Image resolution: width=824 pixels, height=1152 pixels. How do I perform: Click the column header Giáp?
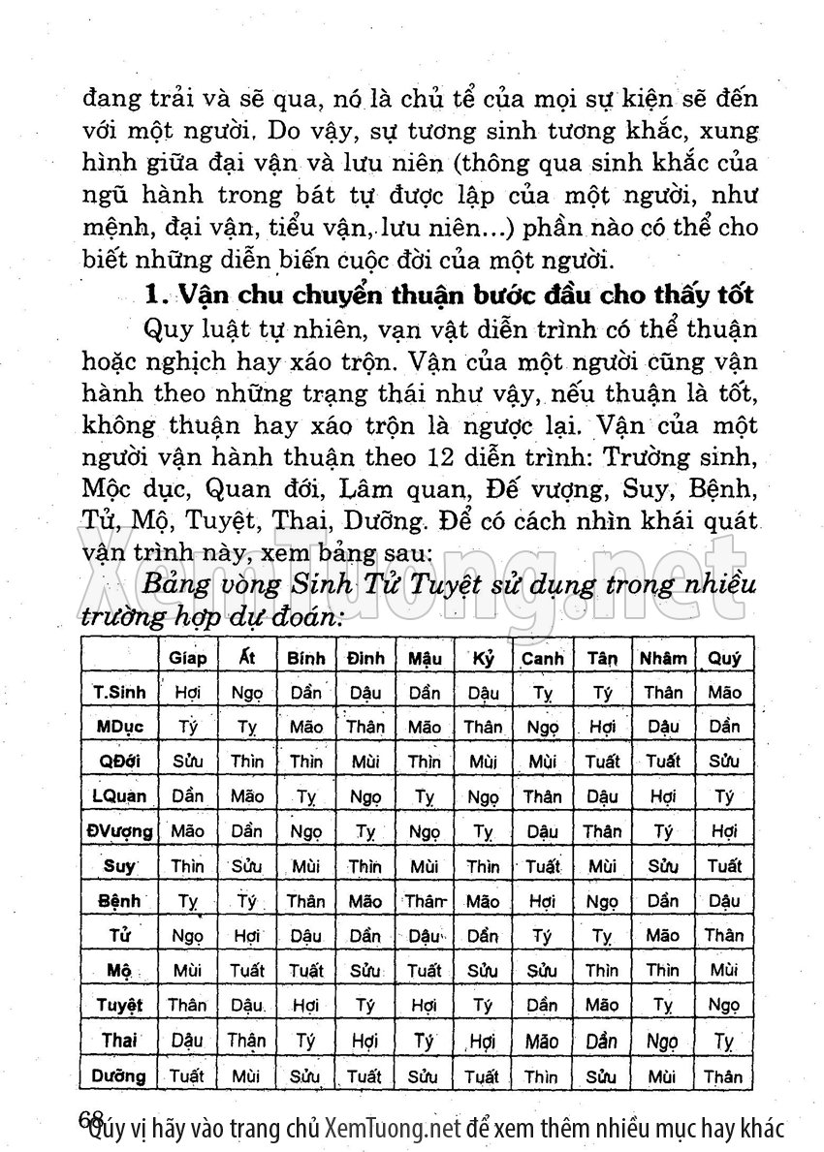(x=187, y=658)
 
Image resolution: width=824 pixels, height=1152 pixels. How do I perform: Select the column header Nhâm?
(x=662, y=658)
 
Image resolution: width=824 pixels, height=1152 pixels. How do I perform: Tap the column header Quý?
(x=724, y=658)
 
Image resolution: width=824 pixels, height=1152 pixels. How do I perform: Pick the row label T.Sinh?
(x=119, y=693)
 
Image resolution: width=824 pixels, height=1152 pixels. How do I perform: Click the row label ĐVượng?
(x=119, y=830)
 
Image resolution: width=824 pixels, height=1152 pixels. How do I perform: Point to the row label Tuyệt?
(x=119, y=1005)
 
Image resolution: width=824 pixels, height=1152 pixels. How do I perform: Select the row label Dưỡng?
(x=119, y=1075)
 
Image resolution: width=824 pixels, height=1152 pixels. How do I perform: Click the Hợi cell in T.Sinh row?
(x=187, y=693)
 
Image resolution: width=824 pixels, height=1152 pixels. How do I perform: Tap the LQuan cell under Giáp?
(x=187, y=796)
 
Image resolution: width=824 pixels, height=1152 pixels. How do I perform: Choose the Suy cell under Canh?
(x=543, y=865)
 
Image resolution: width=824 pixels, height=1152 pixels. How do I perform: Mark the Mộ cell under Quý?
(x=724, y=969)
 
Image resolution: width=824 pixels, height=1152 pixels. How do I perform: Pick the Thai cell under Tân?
(x=602, y=1041)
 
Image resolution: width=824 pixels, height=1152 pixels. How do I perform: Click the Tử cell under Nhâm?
(x=662, y=935)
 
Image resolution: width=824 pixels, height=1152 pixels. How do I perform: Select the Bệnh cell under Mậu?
(x=425, y=901)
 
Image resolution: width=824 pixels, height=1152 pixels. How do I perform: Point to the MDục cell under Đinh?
(x=365, y=727)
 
